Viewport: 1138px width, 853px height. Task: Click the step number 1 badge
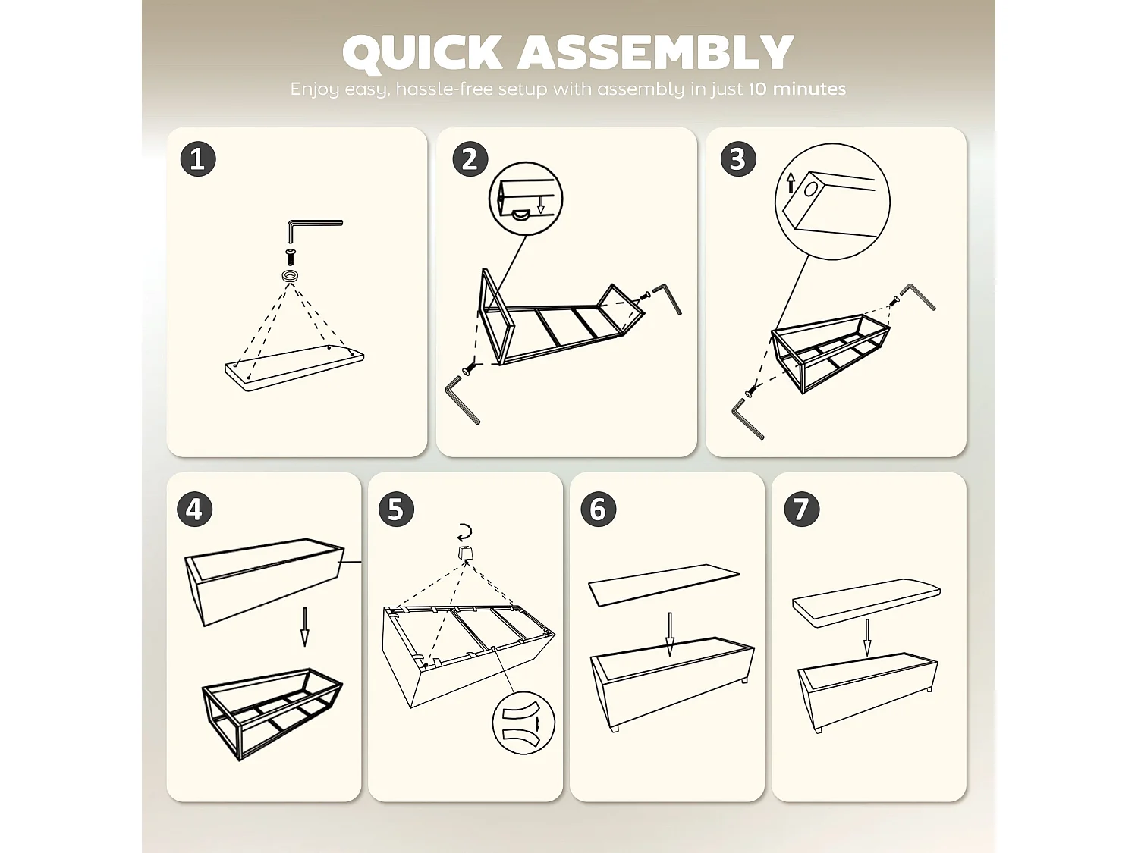[198, 159]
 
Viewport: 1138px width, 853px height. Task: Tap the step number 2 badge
[470, 159]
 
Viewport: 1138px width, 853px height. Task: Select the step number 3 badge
[738, 159]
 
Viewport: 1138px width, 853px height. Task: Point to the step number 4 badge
[195, 509]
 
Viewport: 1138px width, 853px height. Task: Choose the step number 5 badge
[396, 509]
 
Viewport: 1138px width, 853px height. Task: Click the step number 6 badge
[599, 509]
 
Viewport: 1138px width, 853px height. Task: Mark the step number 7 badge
[801, 509]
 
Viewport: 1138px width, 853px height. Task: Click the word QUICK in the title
[422, 53]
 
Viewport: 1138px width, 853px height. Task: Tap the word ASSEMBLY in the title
[655, 52]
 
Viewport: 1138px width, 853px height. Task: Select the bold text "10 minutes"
[797, 89]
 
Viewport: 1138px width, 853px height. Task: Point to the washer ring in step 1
[291, 275]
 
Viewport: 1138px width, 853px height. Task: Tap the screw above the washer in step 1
[291, 257]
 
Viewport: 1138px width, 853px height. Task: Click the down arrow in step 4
[305, 627]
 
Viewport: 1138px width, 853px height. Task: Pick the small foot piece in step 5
[465, 554]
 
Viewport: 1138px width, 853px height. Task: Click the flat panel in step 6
[664, 585]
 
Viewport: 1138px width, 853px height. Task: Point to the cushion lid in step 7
[866, 603]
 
